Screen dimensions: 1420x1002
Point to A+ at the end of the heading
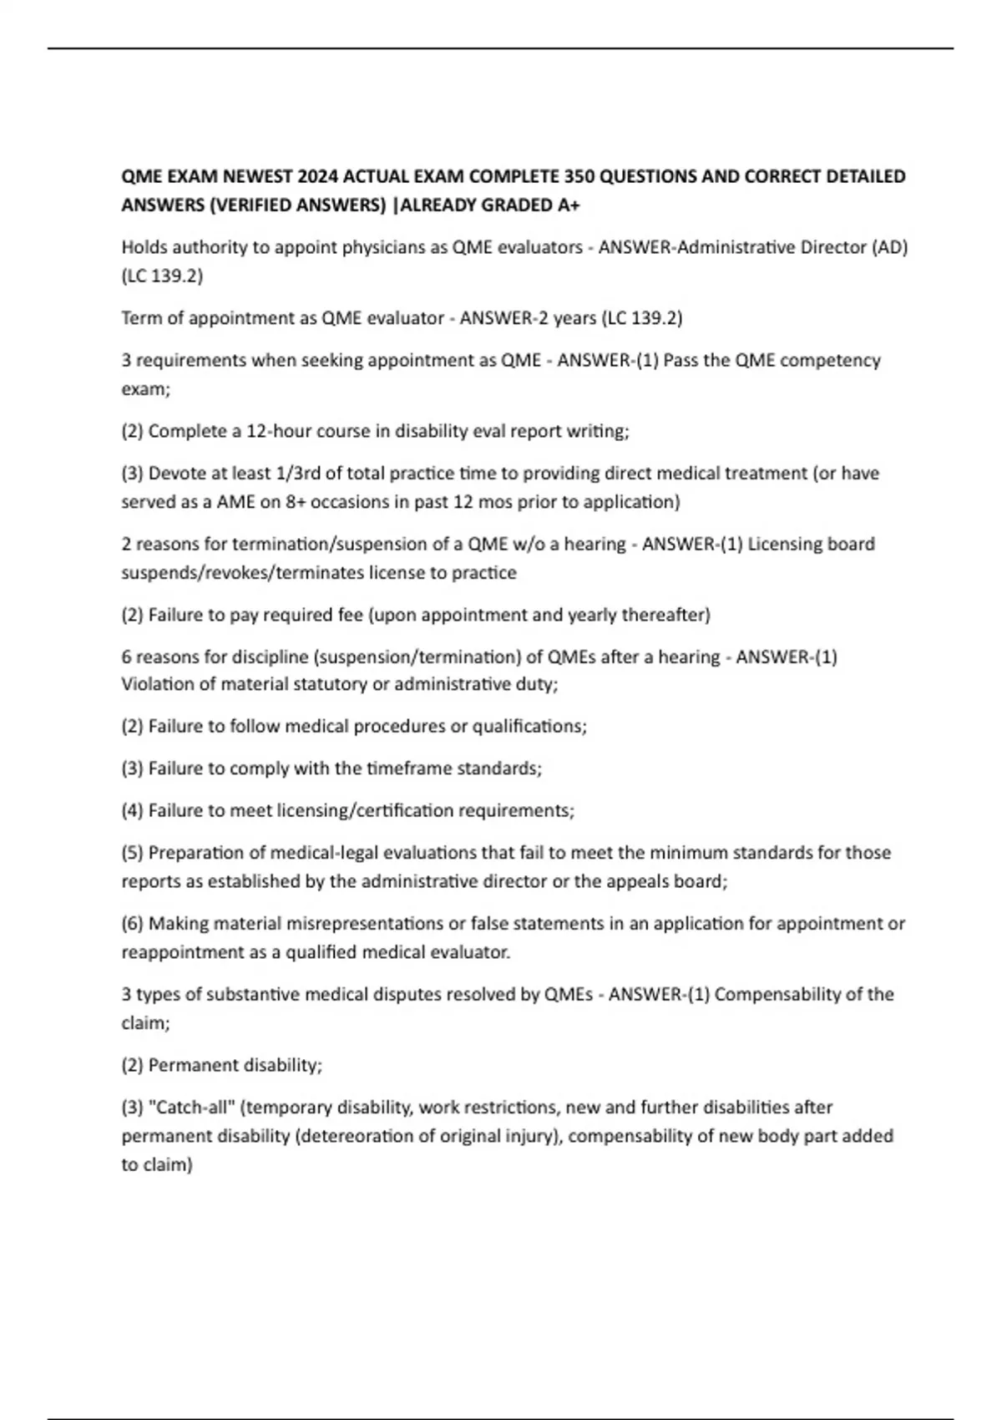pos(567,205)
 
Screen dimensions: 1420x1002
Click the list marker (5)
pos(133,853)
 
